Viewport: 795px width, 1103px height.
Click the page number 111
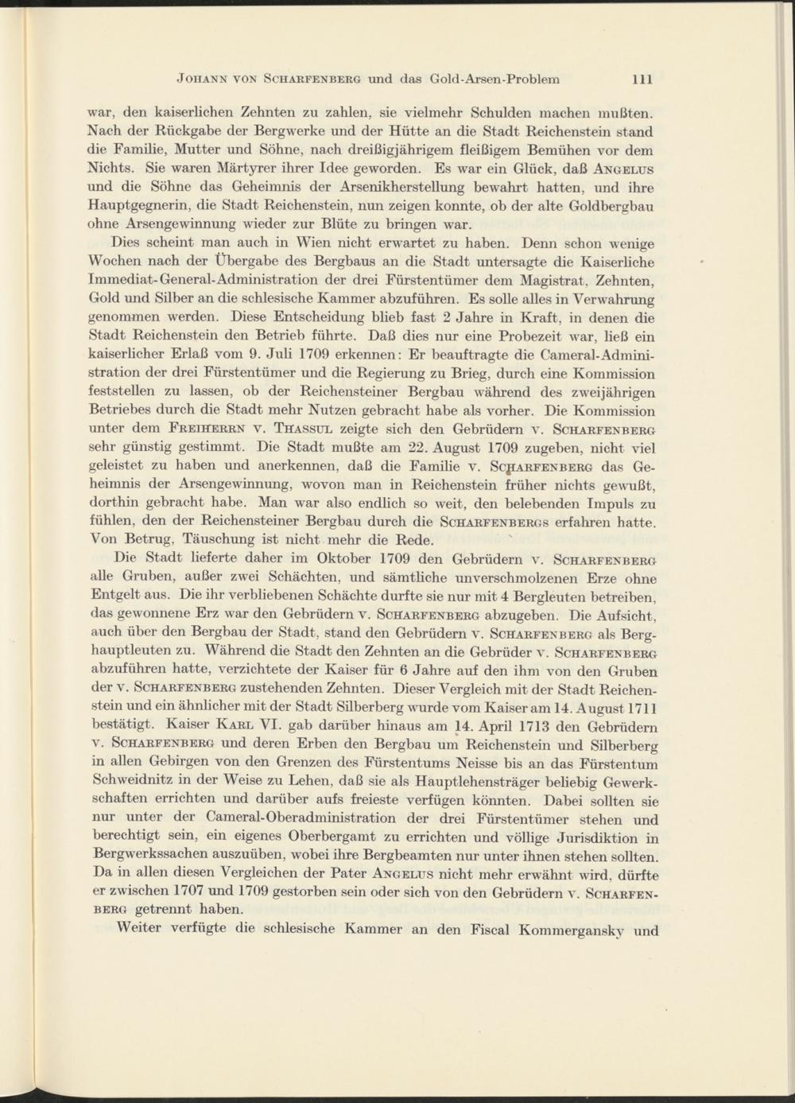click(x=642, y=80)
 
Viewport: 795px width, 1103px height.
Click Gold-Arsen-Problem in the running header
click(x=494, y=80)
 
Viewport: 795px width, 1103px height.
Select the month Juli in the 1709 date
click(x=284, y=355)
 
